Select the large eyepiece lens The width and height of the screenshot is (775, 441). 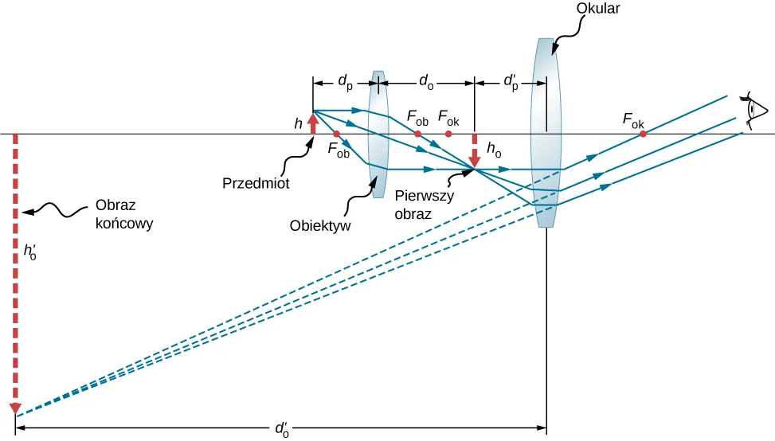pos(546,132)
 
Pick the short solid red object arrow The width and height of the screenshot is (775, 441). pos(312,123)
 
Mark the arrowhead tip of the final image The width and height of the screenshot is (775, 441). pos(15,412)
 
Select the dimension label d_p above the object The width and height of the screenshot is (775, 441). pos(345,80)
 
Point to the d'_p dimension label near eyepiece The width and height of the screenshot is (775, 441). pos(511,80)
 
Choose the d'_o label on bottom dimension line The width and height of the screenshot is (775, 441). pos(281,428)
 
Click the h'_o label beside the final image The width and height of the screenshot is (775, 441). pos(30,253)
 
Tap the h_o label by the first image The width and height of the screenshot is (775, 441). pos(494,148)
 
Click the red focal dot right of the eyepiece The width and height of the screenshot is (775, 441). pos(643,134)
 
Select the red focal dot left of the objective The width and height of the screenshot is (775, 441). pos(337,134)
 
